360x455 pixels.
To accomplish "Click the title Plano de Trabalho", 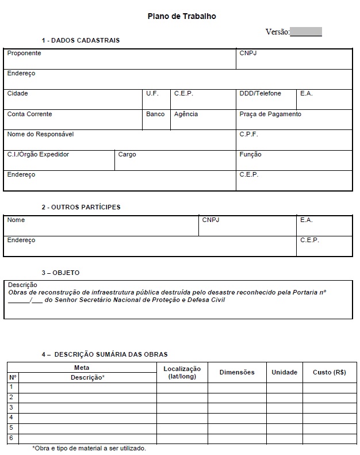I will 181,17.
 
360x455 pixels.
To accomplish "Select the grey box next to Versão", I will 306,32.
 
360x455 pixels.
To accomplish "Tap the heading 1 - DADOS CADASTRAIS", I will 81,40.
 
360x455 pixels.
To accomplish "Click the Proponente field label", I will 24,53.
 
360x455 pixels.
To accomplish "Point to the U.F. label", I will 152,93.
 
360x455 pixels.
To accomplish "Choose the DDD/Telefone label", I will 260,93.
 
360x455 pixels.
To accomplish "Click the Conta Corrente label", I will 29,114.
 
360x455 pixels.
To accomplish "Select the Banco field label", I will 155,114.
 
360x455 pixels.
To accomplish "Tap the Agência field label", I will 186,114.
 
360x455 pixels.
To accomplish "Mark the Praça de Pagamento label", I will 270,114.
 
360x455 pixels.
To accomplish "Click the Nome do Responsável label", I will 40,134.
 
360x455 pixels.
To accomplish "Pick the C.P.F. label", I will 248,134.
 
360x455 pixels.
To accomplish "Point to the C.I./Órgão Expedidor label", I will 38,154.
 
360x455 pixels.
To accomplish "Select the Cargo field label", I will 127,154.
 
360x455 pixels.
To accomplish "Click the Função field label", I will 250,154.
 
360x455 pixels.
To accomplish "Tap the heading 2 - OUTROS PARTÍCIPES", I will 81,207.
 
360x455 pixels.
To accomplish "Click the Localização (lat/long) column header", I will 182,372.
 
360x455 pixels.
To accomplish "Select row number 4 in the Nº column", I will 11,417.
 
